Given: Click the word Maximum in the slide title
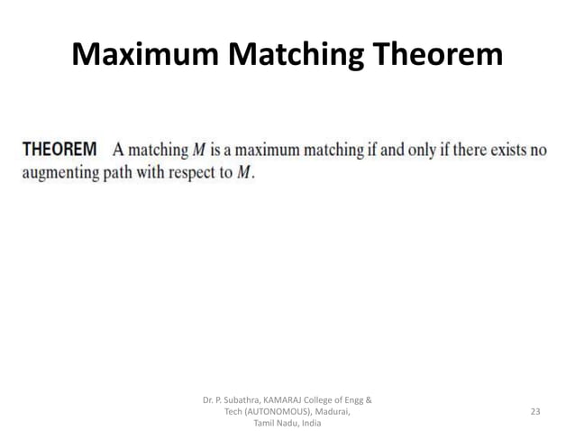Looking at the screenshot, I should point(143,56).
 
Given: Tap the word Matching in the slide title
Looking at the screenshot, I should point(289,56).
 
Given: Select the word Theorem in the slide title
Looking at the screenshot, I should point(434,56).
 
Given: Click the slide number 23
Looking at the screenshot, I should point(535,411).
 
